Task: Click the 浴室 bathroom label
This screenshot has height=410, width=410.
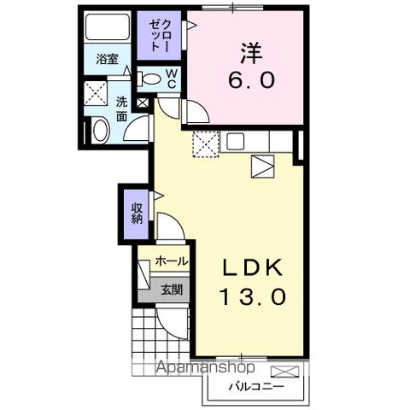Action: coord(107,60)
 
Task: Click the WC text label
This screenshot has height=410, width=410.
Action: coord(170,79)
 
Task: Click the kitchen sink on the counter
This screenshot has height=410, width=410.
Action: coord(236,142)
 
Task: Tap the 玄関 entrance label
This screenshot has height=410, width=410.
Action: coord(172,290)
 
